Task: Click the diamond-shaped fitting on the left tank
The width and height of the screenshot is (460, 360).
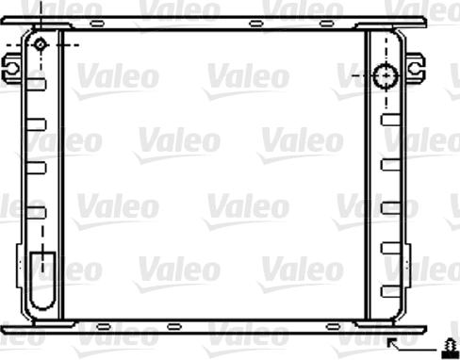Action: coord(41,44)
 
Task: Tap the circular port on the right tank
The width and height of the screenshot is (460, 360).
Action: coord(386,74)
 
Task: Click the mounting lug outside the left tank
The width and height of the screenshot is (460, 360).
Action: coord(11,66)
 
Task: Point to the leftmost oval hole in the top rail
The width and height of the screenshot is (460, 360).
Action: coord(95,23)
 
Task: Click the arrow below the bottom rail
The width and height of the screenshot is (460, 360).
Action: coord(397,343)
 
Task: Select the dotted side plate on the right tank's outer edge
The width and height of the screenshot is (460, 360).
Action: coord(406,179)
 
